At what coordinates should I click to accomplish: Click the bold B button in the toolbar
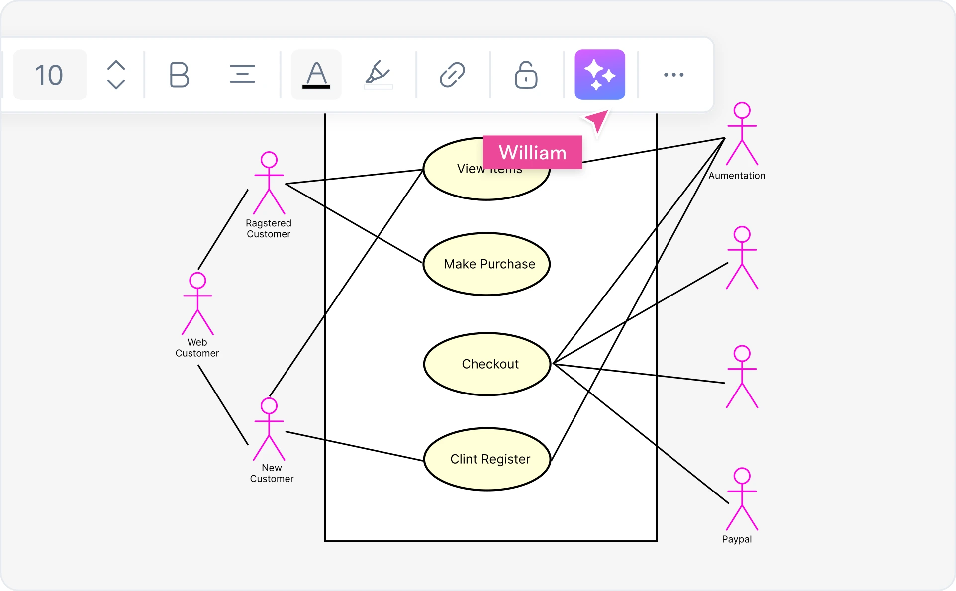[x=179, y=75]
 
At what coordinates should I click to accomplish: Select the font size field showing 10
[x=50, y=75]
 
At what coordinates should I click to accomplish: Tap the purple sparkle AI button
[x=599, y=75]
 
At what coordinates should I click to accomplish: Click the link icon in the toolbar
[x=452, y=75]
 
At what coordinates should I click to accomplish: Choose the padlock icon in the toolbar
[x=526, y=75]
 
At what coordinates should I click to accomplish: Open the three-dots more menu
[x=673, y=75]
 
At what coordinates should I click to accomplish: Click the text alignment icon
[x=242, y=75]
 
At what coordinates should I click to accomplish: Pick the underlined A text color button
[x=316, y=75]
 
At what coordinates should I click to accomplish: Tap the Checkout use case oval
[x=487, y=364]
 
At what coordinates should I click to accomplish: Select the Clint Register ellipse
[x=487, y=459]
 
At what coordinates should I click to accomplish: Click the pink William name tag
[x=532, y=152]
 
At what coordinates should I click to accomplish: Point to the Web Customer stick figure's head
[x=197, y=281]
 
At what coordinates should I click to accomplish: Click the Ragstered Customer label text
[x=269, y=229]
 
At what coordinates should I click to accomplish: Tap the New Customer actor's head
[x=269, y=406]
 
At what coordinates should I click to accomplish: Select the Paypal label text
[x=737, y=539]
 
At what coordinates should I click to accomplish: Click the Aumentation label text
[x=737, y=176]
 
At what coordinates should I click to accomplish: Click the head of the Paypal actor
[x=742, y=476]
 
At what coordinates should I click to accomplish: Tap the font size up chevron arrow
[x=116, y=65]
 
